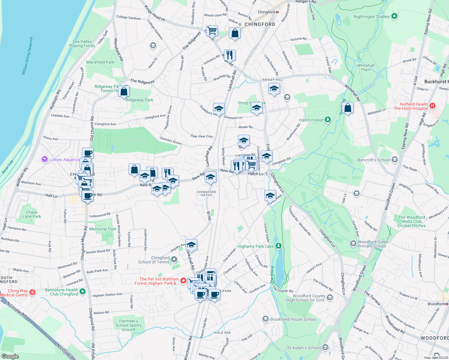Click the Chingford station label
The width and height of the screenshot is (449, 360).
[266, 12]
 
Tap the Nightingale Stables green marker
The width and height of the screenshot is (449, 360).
[394, 16]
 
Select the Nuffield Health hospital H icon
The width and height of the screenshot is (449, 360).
[432, 106]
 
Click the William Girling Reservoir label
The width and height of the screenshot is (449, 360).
[27, 56]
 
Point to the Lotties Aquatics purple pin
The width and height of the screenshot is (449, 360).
[45, 159]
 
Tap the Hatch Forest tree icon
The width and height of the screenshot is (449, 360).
[328, 120]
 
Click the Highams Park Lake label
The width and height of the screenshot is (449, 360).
[255, 246]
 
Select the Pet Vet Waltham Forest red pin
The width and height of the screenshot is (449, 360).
[183, 280]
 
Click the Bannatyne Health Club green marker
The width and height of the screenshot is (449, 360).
[83, 291]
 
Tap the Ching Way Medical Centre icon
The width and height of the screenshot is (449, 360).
[33, 292]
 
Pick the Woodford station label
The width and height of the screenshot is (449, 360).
[436, 304]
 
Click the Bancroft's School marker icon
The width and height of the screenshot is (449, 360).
[394, 160]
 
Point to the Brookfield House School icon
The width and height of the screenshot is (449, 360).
[265, 319]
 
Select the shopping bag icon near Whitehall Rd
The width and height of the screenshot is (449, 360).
[348, 108]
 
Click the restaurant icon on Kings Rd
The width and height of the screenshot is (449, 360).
[229, 55]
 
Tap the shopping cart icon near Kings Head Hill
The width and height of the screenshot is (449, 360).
[212, 30]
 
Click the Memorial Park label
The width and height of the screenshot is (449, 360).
[103, 229]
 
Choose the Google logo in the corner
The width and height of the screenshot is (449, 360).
[10, 356]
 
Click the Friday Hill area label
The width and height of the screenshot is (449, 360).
[273, 80]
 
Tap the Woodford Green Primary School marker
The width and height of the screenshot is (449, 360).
[353, 243]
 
